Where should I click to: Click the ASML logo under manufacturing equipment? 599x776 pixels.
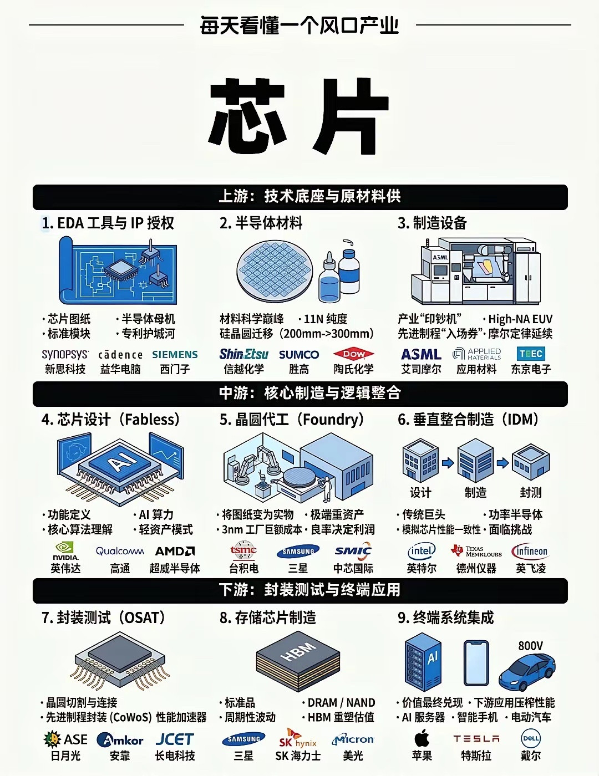pyautogui.click(x=421, y=354)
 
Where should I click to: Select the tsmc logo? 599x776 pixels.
pyautogui.click(x=243, y=550)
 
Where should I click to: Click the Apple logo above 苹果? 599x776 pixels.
pyautogui.click(x=422, y=738)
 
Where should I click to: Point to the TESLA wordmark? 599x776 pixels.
pyautogui.click(x=476, y=739)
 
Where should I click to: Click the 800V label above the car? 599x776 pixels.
pyautogui.click(x=530, y=646)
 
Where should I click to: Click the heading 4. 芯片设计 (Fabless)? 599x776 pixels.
pyautogui.click(x=111, y=420)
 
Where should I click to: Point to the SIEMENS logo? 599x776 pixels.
pyautogui.click(x=175, y=354)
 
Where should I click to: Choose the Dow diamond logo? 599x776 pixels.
pyautogui.click(x=354, y=354)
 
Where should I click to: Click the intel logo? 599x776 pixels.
pyautogui.click(x=422, y=551)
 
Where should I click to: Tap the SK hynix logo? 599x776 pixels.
pyautogui.click(x=298, y=739)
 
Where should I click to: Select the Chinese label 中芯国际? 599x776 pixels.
pyautogui.click(x=353, y=568)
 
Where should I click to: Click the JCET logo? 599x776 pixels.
pyautogui.click(x=175, y=739)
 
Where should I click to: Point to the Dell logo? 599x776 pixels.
pyautogui.click(x=531, y=738)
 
